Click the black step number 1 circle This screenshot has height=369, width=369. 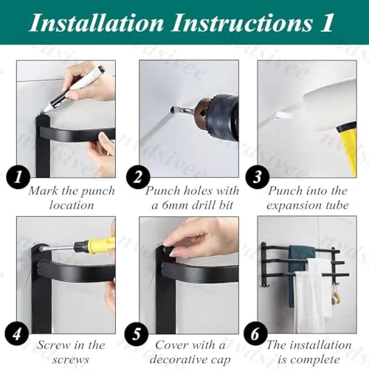coord(18,177)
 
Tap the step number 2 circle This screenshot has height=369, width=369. coord(138,177)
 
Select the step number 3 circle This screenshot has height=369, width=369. coord(258,177)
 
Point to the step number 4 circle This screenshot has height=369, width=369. coord(17,334)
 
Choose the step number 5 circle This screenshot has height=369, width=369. coord(137,334)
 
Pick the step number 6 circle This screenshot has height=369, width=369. coord(255,334)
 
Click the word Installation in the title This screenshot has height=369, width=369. coord(97,23)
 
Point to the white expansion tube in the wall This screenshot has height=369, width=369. coord(282,114)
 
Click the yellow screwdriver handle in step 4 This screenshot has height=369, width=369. coord(95,245)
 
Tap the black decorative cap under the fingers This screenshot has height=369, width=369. coord(168,249)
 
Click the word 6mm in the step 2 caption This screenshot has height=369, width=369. coord(175,205)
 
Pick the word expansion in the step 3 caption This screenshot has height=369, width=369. coord(293,206)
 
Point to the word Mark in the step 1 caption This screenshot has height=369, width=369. coord(44,191)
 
